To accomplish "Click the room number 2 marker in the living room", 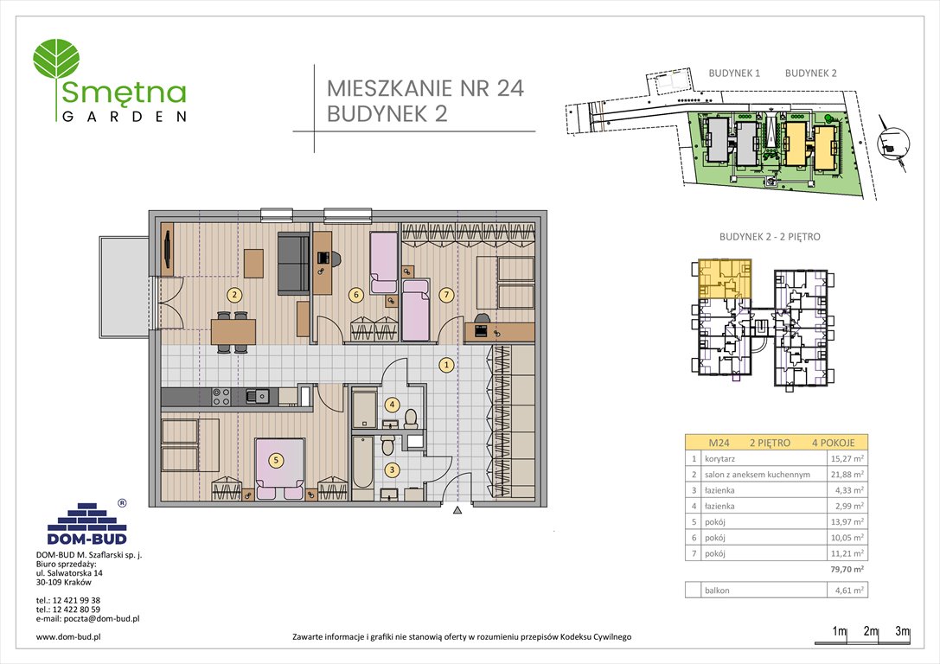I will click(234, 294).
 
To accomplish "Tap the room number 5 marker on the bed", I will click(276, 461).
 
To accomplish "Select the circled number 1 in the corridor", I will click(446, 365).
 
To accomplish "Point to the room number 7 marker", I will click(445, 295).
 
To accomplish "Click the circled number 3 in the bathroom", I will click(392, 470).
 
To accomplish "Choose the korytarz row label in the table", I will click(722, 458).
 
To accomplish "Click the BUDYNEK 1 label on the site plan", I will click(733, 74).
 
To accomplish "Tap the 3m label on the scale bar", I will click(902, 631).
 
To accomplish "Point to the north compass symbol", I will click(891, 144).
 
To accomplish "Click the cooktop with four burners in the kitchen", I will click(221, 396).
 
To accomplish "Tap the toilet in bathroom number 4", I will click(411, 418).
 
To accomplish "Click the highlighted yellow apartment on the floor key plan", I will click(720, 277).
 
